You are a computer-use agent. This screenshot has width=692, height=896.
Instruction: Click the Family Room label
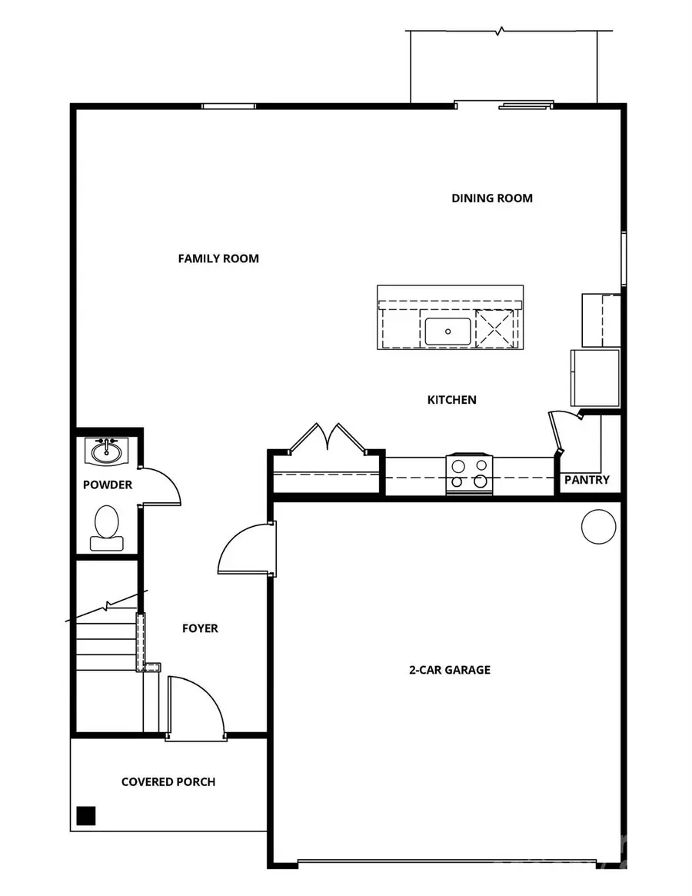point(218,258)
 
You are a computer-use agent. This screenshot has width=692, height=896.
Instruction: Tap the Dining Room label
point(491,198)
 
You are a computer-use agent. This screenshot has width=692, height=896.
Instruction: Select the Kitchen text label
point(451,399)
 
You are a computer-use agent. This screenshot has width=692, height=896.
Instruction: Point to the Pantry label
point(587,480)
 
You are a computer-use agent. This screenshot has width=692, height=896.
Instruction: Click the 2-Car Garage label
point(449,669)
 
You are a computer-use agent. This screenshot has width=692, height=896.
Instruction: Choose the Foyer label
point(200,628)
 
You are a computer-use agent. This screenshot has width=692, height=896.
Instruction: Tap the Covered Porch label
point(168,782)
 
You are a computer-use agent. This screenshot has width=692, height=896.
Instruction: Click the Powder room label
point(108,485)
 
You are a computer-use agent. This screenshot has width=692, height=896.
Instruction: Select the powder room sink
point(106,451)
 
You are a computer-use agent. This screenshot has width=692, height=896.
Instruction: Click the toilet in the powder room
point(106,528)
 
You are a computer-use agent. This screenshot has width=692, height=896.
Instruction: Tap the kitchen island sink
point(447,331)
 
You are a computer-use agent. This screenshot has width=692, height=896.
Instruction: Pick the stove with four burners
point(470,474)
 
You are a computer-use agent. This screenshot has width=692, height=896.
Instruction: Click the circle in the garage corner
point(598,528)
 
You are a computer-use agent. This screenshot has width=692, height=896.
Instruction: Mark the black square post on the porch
point(86,815)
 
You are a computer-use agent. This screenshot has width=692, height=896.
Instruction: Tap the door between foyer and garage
point(246,549)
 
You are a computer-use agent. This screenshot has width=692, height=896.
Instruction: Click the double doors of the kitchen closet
point(328,438)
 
